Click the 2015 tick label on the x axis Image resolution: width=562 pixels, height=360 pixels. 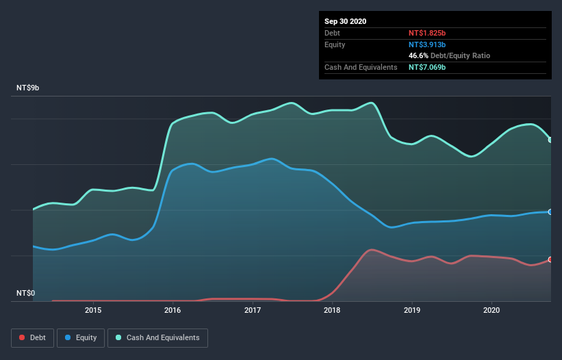[x=93, y=310]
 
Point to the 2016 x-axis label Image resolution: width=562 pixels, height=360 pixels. [x=173, y=310]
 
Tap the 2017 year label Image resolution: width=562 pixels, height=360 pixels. [x=253, y=310]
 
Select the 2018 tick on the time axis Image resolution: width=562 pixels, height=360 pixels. [x=332, y=310]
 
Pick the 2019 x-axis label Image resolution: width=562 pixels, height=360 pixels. [x=412, y=310]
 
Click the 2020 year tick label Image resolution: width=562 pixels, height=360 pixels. [x=491, y=310]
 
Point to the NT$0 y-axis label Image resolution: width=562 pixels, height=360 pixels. [x=25, y=294]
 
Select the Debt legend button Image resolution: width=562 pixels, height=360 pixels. [x=31, y=337]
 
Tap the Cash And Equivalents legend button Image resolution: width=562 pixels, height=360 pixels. [x=157, y=337]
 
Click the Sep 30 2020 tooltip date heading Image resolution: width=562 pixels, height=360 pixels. [x=346, y=21]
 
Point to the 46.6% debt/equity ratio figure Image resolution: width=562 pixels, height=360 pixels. [x=420, y=55]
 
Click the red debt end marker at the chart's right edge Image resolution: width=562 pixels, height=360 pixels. [x=550, y=259]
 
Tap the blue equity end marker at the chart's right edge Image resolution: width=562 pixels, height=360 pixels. [x=550, y=212]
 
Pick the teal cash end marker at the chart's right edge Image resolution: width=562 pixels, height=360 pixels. [x=550, y=140]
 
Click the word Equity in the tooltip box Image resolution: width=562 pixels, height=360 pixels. [x=335, y=44]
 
